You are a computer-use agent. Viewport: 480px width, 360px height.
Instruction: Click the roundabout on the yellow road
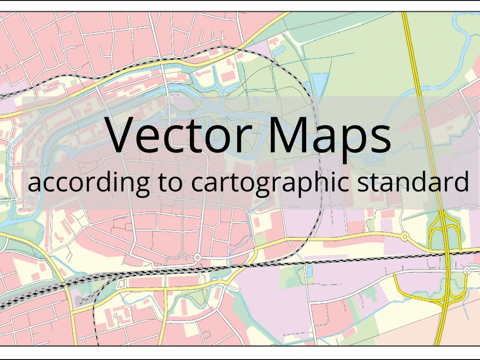[404, 236]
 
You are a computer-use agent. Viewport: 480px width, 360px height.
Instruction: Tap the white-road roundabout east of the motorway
[467, 271]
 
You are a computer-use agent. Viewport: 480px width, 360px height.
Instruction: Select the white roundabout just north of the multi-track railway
[197, 258]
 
